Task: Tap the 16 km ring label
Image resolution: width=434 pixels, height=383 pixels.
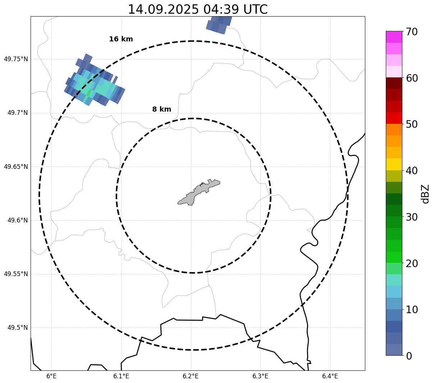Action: coord(121,39)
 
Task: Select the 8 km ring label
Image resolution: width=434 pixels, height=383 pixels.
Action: coord(161,109)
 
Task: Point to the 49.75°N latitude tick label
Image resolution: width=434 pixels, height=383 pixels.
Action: coord(16,59)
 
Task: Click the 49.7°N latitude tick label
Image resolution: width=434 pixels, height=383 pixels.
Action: coord(18,113)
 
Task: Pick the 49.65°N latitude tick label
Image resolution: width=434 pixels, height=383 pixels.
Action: coord(16,167)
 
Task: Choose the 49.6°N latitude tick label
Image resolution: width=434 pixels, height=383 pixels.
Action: coord(18,220)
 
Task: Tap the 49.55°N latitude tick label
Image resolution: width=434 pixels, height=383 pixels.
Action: coord(16,274)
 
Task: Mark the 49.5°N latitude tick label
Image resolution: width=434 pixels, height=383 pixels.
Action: coord(18,328)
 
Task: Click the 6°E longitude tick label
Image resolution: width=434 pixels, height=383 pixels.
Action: coord(51,376)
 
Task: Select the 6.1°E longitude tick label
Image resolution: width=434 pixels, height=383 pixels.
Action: coord(121,376)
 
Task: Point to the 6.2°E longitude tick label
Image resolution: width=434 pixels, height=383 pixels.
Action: coord(191,376)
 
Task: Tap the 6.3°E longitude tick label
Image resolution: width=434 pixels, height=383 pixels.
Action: coord(260,376)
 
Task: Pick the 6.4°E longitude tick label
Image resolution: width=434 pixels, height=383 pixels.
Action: coord(330,376)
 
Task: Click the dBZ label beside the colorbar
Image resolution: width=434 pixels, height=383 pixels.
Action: coord(425,194)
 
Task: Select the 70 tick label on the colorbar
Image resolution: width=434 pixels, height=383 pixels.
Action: coord(412,32)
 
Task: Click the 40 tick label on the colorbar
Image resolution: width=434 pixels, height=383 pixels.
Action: coord(412,171)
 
